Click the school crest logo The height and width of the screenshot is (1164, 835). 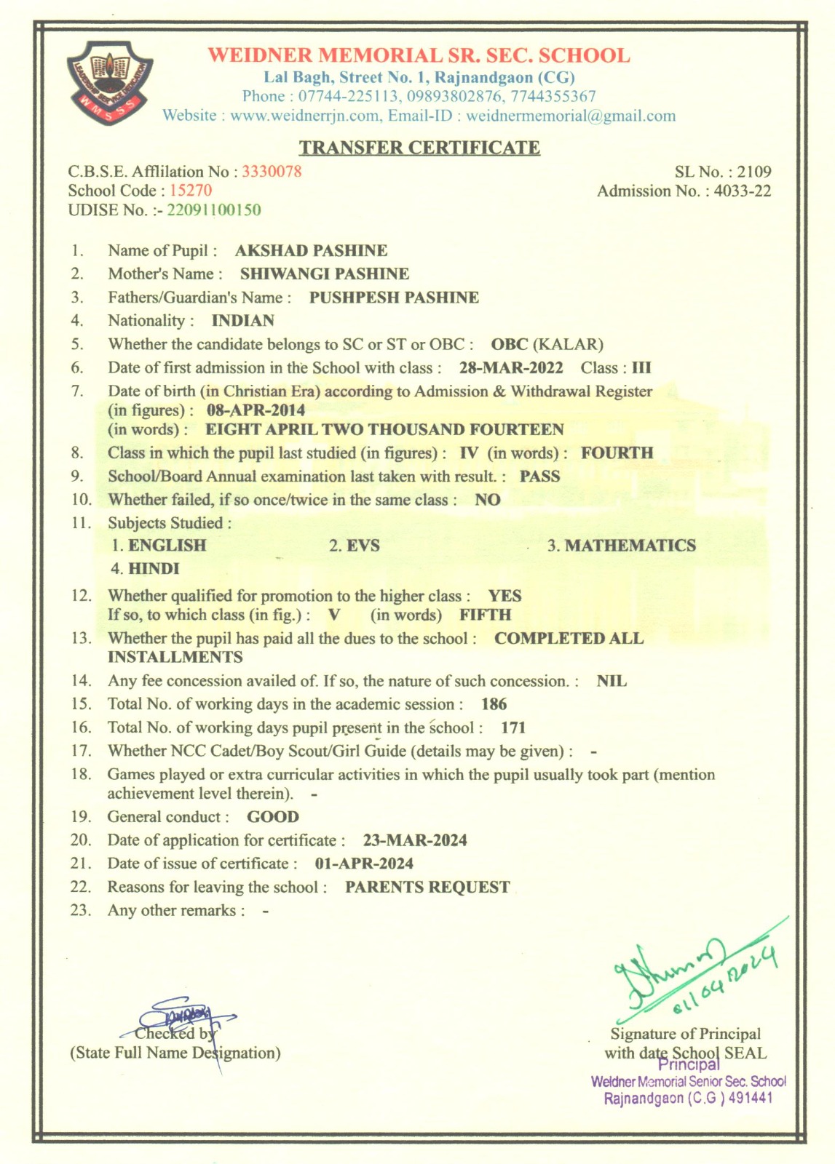pos(111,81)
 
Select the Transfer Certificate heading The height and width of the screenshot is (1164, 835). pos(419,148)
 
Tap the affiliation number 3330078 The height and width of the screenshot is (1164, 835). pos(272,172)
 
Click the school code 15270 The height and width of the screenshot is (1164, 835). pos(191,191)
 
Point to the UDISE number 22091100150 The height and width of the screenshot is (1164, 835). pos(214,210)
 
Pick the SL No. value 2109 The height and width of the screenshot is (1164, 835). pos(753,172)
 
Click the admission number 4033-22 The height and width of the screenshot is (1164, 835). pos(742,191)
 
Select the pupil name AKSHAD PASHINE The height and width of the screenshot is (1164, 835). pos(311,251)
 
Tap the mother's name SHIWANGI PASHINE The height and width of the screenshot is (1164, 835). pos(325,274)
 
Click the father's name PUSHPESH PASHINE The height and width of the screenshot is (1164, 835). pos(394,298)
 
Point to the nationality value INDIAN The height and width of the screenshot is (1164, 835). pos(243,321)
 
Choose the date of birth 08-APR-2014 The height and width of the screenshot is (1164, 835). pos(256,410)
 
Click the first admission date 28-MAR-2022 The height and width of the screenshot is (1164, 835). pos(511,368)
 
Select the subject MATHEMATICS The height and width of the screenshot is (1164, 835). pos(630,546)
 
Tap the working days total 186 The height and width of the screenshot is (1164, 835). pos(494,704)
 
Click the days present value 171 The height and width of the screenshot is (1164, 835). pos(513,727)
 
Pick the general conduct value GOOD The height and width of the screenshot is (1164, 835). pos(273,817)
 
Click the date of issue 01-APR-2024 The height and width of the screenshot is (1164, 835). pos(364,864)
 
